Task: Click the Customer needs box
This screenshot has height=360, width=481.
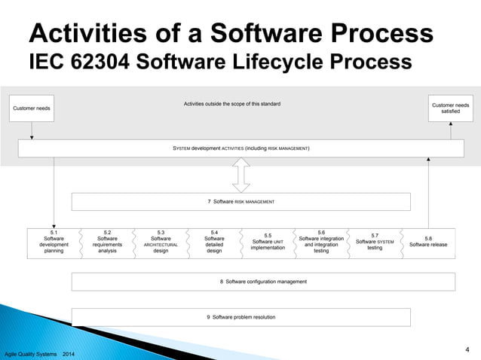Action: point(32,109)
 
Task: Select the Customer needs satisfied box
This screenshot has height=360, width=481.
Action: point(450,108)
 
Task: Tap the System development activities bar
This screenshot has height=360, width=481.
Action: point(240,148)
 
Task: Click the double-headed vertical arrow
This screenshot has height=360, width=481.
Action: point(240,175)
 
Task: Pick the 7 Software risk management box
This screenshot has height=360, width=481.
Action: point(240,202)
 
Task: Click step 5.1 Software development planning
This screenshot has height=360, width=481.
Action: point(54,241)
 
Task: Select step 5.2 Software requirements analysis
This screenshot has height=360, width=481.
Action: point(107,241)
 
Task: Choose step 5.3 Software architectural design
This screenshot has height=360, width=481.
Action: point(161,241)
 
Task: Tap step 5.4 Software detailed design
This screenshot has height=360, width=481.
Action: point(214,241)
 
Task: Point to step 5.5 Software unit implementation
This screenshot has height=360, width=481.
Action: point(268,241)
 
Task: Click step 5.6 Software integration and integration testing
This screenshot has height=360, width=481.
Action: point(321,241)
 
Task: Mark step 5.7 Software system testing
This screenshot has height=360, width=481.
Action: point(375,241)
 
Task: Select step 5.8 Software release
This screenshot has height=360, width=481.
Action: point(428,241)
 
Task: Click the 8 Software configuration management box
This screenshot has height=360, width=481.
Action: point(263,281)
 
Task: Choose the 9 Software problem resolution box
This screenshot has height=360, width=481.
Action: point(240,317)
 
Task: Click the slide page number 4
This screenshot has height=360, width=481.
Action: point(467,349)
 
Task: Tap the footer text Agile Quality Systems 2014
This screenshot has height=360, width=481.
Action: point(39,354)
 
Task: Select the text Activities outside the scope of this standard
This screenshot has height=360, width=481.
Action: point(232,103)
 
